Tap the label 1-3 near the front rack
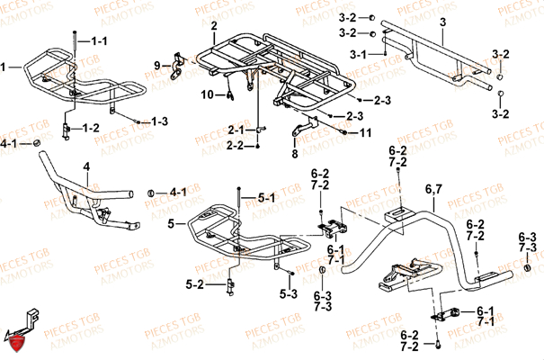coord(159,121)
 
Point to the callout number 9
coord(156,65)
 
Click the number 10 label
coord(207,94)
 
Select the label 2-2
coord(236,144)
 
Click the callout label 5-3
coord(289,293)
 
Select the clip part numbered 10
coord(230,89)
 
